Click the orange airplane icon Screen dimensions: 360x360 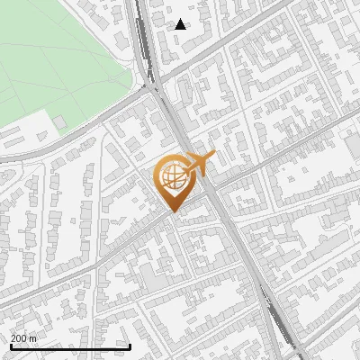pos(198,164)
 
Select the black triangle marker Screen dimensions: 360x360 pos(181,24)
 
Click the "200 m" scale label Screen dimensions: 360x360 pos(24,337)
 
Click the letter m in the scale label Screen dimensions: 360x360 pos(34,337)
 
